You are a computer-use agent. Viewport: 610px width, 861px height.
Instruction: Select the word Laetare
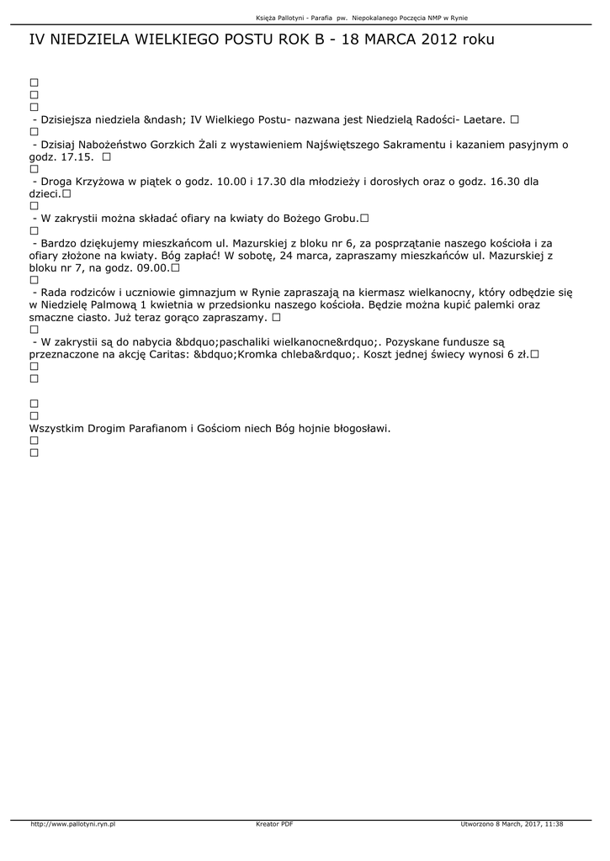[x=483, y=119]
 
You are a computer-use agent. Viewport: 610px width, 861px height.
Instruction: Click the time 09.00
[x=151, y=268]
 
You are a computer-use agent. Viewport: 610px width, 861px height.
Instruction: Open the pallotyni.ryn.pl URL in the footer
[x=73, y=824]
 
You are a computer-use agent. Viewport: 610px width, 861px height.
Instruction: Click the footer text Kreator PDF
[x=274, y=824]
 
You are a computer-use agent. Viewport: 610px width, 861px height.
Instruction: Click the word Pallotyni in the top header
[x=295, y=18]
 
